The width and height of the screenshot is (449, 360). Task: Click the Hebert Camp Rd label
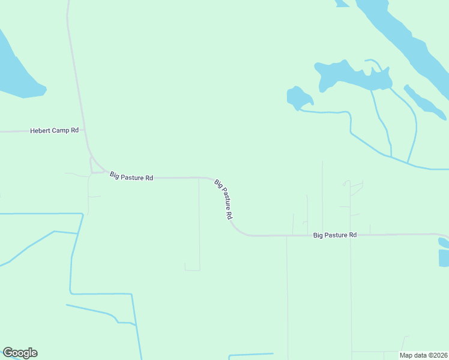55,130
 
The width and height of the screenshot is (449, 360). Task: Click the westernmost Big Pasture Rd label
131,177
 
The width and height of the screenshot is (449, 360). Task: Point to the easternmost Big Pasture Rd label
335,235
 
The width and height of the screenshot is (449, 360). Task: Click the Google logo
20,353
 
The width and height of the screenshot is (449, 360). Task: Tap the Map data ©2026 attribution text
424,355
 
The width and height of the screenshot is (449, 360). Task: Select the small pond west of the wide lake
298,97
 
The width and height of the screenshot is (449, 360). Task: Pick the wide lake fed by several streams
348,74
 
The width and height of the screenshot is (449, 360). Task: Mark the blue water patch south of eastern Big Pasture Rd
444,255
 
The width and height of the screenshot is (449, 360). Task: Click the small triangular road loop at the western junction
95,167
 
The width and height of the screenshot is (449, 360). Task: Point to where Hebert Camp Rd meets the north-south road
85,130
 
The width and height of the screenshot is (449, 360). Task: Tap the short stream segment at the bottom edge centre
251,355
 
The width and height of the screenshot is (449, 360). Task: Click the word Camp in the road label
62,130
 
